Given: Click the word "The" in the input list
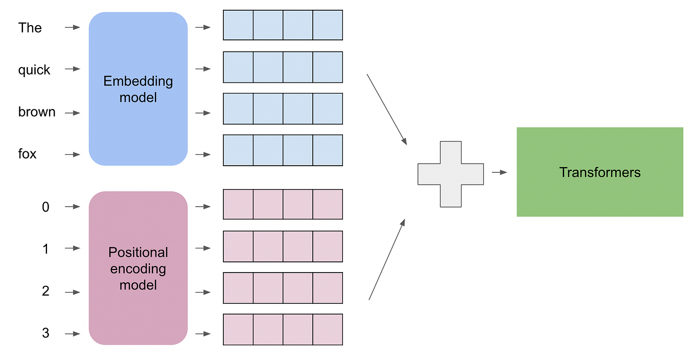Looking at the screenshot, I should pos(30,28).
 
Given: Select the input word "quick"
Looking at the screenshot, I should pos(34,70).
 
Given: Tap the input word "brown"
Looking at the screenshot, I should pos(37,112).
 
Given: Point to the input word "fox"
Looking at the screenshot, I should pos(27,154).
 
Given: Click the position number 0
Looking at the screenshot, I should pos(45,207).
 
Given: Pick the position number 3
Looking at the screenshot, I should pos(45,334).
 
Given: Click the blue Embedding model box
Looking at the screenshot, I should pos(138,89).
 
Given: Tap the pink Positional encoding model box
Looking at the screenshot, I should pos(138,268).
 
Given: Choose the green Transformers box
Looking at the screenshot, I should pos(599,172).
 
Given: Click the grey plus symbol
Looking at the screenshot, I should pos(450,174).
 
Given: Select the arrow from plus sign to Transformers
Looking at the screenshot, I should pos(499,172).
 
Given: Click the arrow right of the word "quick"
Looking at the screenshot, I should pos(73,69).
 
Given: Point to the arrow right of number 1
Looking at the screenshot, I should pos(73,249).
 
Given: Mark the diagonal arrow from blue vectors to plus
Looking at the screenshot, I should pos(386,109).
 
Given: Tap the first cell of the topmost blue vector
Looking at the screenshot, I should pos(238,25).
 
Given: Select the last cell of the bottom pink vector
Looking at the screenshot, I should pos(327,329).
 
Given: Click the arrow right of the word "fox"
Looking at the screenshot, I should pos(73,154).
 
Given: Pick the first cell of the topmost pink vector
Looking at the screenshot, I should pos(238,205).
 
